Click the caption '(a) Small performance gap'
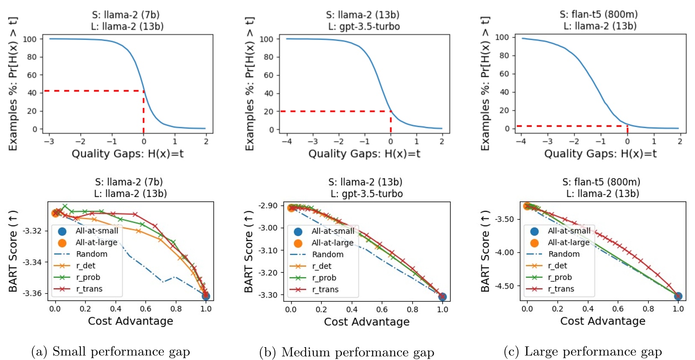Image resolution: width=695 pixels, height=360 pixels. pyautogui.click(x=110, y=351)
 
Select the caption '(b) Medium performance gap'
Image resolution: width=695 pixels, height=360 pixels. pyautogui.click(x=347, y=352)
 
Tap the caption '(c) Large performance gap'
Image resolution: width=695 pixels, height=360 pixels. pyautogui.click(x=583, y=351)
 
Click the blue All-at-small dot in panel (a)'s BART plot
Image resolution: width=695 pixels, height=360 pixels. pyautogui.click(x=206, y=296)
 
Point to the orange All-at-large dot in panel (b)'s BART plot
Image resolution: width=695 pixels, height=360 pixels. pyautogui.click(x=291, y=208)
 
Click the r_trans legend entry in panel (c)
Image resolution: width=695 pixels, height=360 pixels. pyautogui.click(x=561, y=289)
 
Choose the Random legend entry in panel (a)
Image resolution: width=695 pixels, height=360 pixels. pyautogui.click(x=91, y=254)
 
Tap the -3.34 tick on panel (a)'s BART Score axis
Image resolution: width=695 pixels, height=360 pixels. pyautogui.click(x=32, y=262)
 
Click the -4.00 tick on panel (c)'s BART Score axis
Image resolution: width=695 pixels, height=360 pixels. pyautogui.click(x=504, y=252)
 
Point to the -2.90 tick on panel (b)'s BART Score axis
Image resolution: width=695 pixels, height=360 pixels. pyautogui.click(x=268, y=206)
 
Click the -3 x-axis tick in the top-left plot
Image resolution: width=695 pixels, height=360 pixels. pyautogui.click(x=50, y=142)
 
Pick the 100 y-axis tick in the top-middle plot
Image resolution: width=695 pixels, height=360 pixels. pyautogui.click(x=266, y=39)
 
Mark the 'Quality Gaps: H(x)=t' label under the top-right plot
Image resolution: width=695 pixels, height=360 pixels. pyautogui.click(x=600, y=154)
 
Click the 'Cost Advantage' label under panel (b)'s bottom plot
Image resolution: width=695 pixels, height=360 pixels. pyautogui.click(x=366, y=322)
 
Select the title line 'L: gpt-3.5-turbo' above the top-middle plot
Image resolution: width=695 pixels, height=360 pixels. pyautogui.click(x=364, y=27)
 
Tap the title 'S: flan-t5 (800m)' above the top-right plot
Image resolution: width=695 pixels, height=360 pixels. pyautogui.click(x=598, y=15)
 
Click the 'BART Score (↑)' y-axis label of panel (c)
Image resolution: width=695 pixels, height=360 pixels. pyautogui.click(x=485, y=251)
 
